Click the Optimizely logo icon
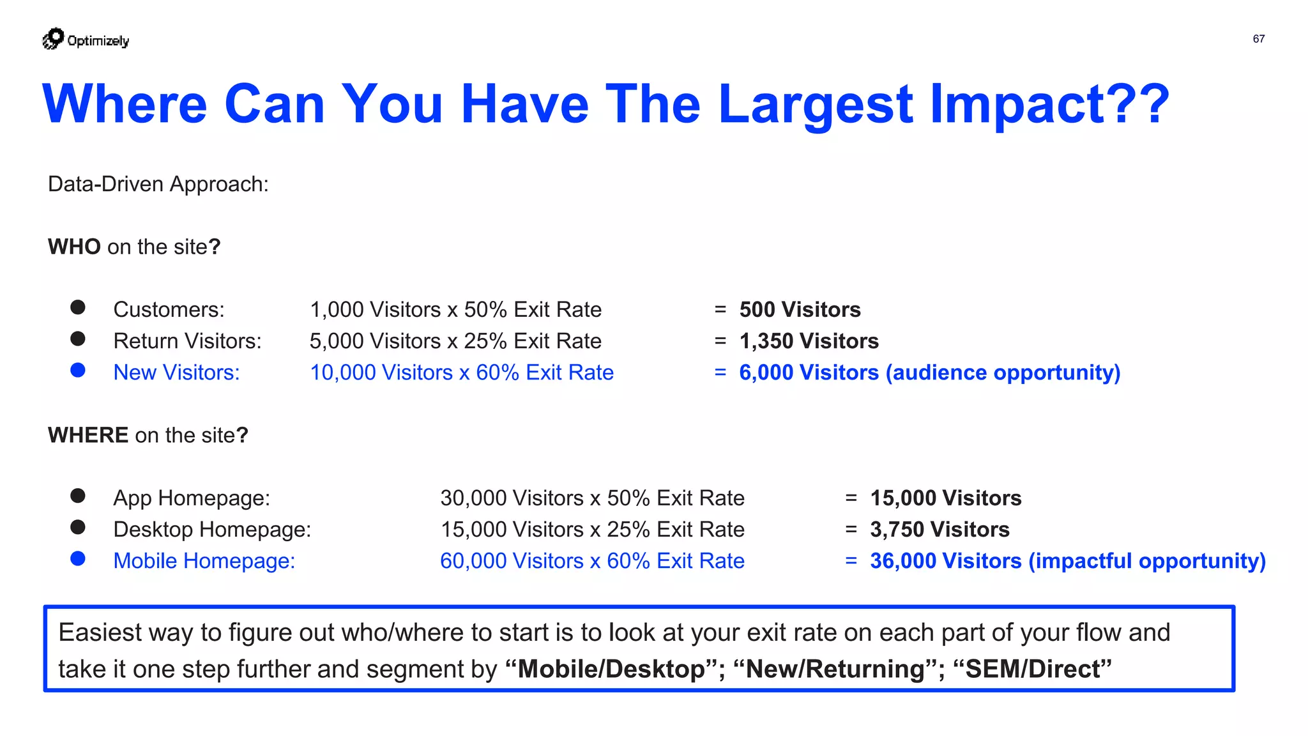coord(54,39)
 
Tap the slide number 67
coord(1258,39)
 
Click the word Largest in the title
coord(816,104)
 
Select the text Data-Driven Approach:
coord(158,185)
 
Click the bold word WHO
coord(74,247)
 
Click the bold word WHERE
coord(88,436)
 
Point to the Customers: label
coord(169,310)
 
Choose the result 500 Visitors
coord(800,310)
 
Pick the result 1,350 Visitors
coord(809,341)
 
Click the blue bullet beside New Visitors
coord(78,371)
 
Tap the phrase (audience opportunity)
coord(1003,372)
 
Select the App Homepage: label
coord(192,498)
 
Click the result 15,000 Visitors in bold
coord(945,498)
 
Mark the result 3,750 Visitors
coord(939,530)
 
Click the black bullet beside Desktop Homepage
coord(78,527)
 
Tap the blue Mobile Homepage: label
coord(204,561)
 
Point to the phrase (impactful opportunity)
coord(1147,561)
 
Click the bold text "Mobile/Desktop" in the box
coord(611,670)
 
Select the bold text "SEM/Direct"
coord(1032,670)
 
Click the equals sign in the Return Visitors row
coord(720,341)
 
